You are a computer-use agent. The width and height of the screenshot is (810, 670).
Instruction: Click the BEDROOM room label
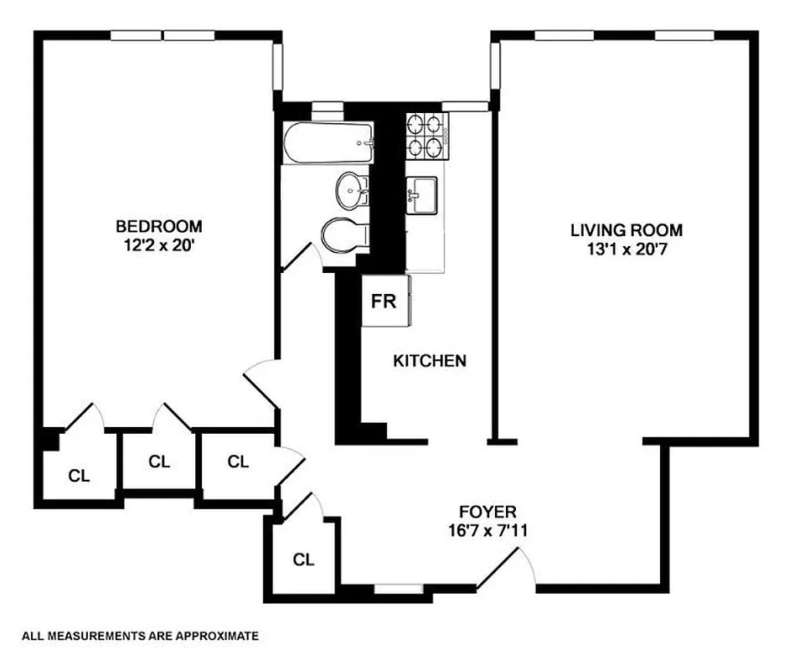point(158,226)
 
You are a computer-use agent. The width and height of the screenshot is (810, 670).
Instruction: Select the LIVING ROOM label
point(627,229)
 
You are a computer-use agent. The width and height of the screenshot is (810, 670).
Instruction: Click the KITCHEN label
point(430,361)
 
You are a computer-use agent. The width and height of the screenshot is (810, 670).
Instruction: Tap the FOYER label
point(488,511)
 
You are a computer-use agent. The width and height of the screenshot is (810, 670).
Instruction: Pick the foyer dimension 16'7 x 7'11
point(488,530)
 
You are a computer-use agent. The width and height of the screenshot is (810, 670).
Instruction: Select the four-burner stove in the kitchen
point(427,137)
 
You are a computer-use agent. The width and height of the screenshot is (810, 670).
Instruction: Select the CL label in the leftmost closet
point(79,477)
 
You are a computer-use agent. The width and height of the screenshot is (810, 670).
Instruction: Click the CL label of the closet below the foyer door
point(303,559)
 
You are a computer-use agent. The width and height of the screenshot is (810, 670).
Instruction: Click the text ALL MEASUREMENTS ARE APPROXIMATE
point(140,636)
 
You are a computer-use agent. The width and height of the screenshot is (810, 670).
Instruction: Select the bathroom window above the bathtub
point(328,106)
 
